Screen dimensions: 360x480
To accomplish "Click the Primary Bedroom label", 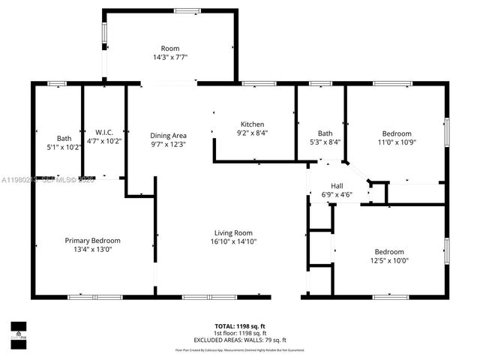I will (92, 241).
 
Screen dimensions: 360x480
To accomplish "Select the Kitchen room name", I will (252, 124).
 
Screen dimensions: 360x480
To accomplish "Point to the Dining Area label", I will (168, 134).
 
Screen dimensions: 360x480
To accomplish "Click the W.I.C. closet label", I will (103, 132).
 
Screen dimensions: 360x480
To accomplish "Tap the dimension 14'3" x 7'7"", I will (170, 57).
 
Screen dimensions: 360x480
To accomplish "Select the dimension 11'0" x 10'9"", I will (396, 142).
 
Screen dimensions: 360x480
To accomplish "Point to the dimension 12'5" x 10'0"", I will (389, 260).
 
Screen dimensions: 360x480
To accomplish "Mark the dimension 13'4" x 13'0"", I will (91, 250).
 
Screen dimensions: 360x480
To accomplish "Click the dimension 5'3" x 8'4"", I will (325, 142).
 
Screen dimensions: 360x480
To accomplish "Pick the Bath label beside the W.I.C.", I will (64, 138).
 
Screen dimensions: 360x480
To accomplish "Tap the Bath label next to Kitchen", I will (325, 133).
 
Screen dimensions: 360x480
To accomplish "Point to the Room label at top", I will (170, 48).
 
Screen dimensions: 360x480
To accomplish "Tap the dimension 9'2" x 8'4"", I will (252, 133).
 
